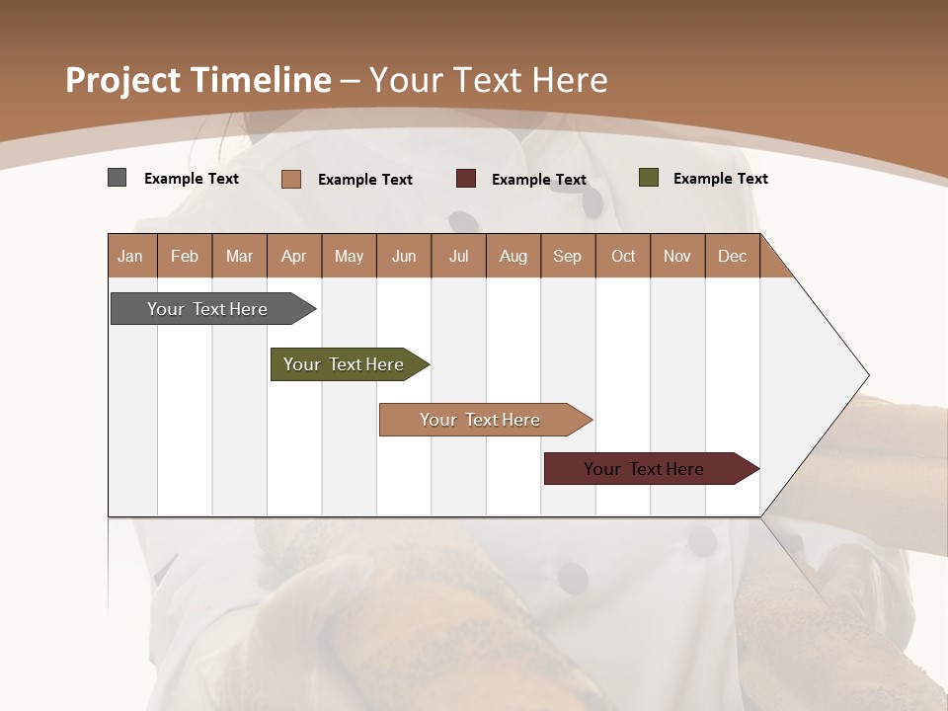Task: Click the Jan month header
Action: [130, 256]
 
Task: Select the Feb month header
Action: [185, 256]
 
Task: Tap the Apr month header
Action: [293, 256]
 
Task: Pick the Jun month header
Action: [404, 256]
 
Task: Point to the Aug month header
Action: [513, 256]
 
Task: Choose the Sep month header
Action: [567, 256]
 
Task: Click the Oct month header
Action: [623, 256]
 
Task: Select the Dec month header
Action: [732, 256]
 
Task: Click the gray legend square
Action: [117, 178]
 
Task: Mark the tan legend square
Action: [291, 179]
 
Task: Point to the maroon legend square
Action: [466, 179]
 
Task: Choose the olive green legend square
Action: [649, 178]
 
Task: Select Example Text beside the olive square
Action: [720, 178]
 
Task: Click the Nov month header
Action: [676, 256]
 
